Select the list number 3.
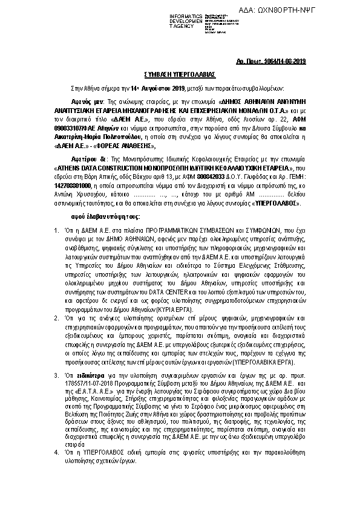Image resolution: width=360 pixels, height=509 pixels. (56, 376)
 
